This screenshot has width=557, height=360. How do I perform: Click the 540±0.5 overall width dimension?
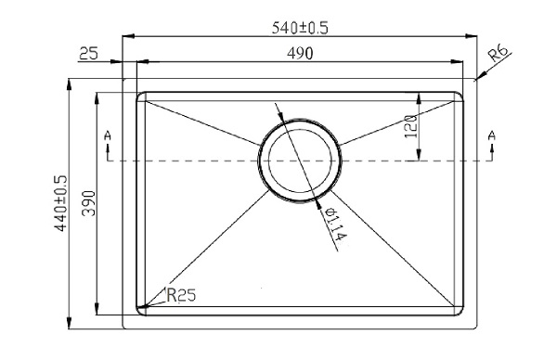click(x=299, y=28)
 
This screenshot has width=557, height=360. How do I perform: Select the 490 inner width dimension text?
click(x=299, y=54)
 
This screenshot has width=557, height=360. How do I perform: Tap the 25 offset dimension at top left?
click(x=89, y=54)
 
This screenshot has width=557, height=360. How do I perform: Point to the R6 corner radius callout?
click(x=498, y=59)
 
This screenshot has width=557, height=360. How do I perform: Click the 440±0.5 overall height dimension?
click(x=61, y=202)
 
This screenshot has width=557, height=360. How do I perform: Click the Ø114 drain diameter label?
click(x=334, y=225)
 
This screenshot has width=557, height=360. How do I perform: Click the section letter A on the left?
click(x=109, y=138)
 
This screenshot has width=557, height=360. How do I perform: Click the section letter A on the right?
click(x=491, y=137)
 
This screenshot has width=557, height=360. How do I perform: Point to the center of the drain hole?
click(x=299, y=160)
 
